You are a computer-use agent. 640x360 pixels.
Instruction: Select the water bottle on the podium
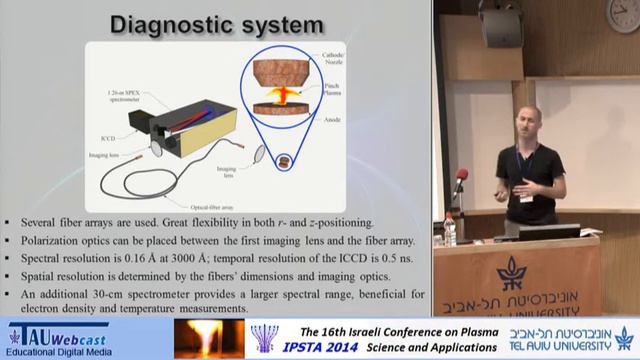click(x=450, y=230)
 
